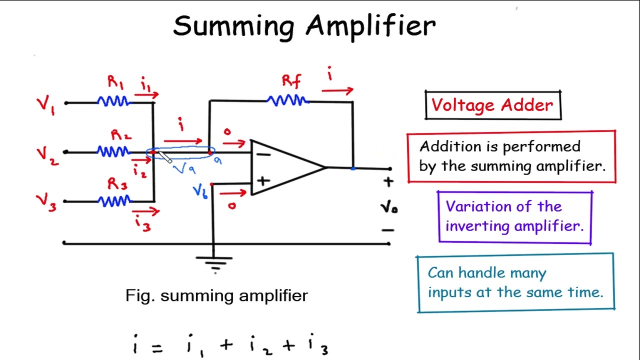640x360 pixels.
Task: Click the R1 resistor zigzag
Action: (114, 102)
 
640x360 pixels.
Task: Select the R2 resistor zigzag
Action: (113, 151)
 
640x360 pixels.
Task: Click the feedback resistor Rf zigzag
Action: (287, 101)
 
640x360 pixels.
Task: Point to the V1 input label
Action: (46, 105)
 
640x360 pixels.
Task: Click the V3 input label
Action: (46, 202)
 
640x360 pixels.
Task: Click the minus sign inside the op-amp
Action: (263, 154)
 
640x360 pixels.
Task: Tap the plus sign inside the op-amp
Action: (264, 180)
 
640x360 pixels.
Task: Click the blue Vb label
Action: (200, 191)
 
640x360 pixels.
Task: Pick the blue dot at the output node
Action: (353, 168)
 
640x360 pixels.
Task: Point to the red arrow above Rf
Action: (337, 91)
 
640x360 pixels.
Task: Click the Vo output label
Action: (388, 206)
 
